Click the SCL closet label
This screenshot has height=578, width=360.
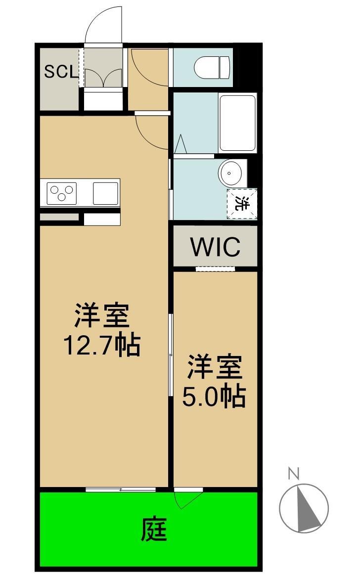(61, 72)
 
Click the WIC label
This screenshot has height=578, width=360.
(215, 247)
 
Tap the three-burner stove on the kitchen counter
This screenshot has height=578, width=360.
(61, 192)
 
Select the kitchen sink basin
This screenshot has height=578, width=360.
(105, 192)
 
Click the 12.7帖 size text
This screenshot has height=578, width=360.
(102, 346)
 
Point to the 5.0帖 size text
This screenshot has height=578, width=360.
(214, 396)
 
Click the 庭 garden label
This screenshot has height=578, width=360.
(154, 530)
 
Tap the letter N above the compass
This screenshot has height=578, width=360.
(294, 474)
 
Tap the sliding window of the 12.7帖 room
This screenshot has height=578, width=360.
(121, 489)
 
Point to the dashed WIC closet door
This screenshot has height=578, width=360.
(215, 269)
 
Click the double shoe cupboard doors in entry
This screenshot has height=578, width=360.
(103, 78)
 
